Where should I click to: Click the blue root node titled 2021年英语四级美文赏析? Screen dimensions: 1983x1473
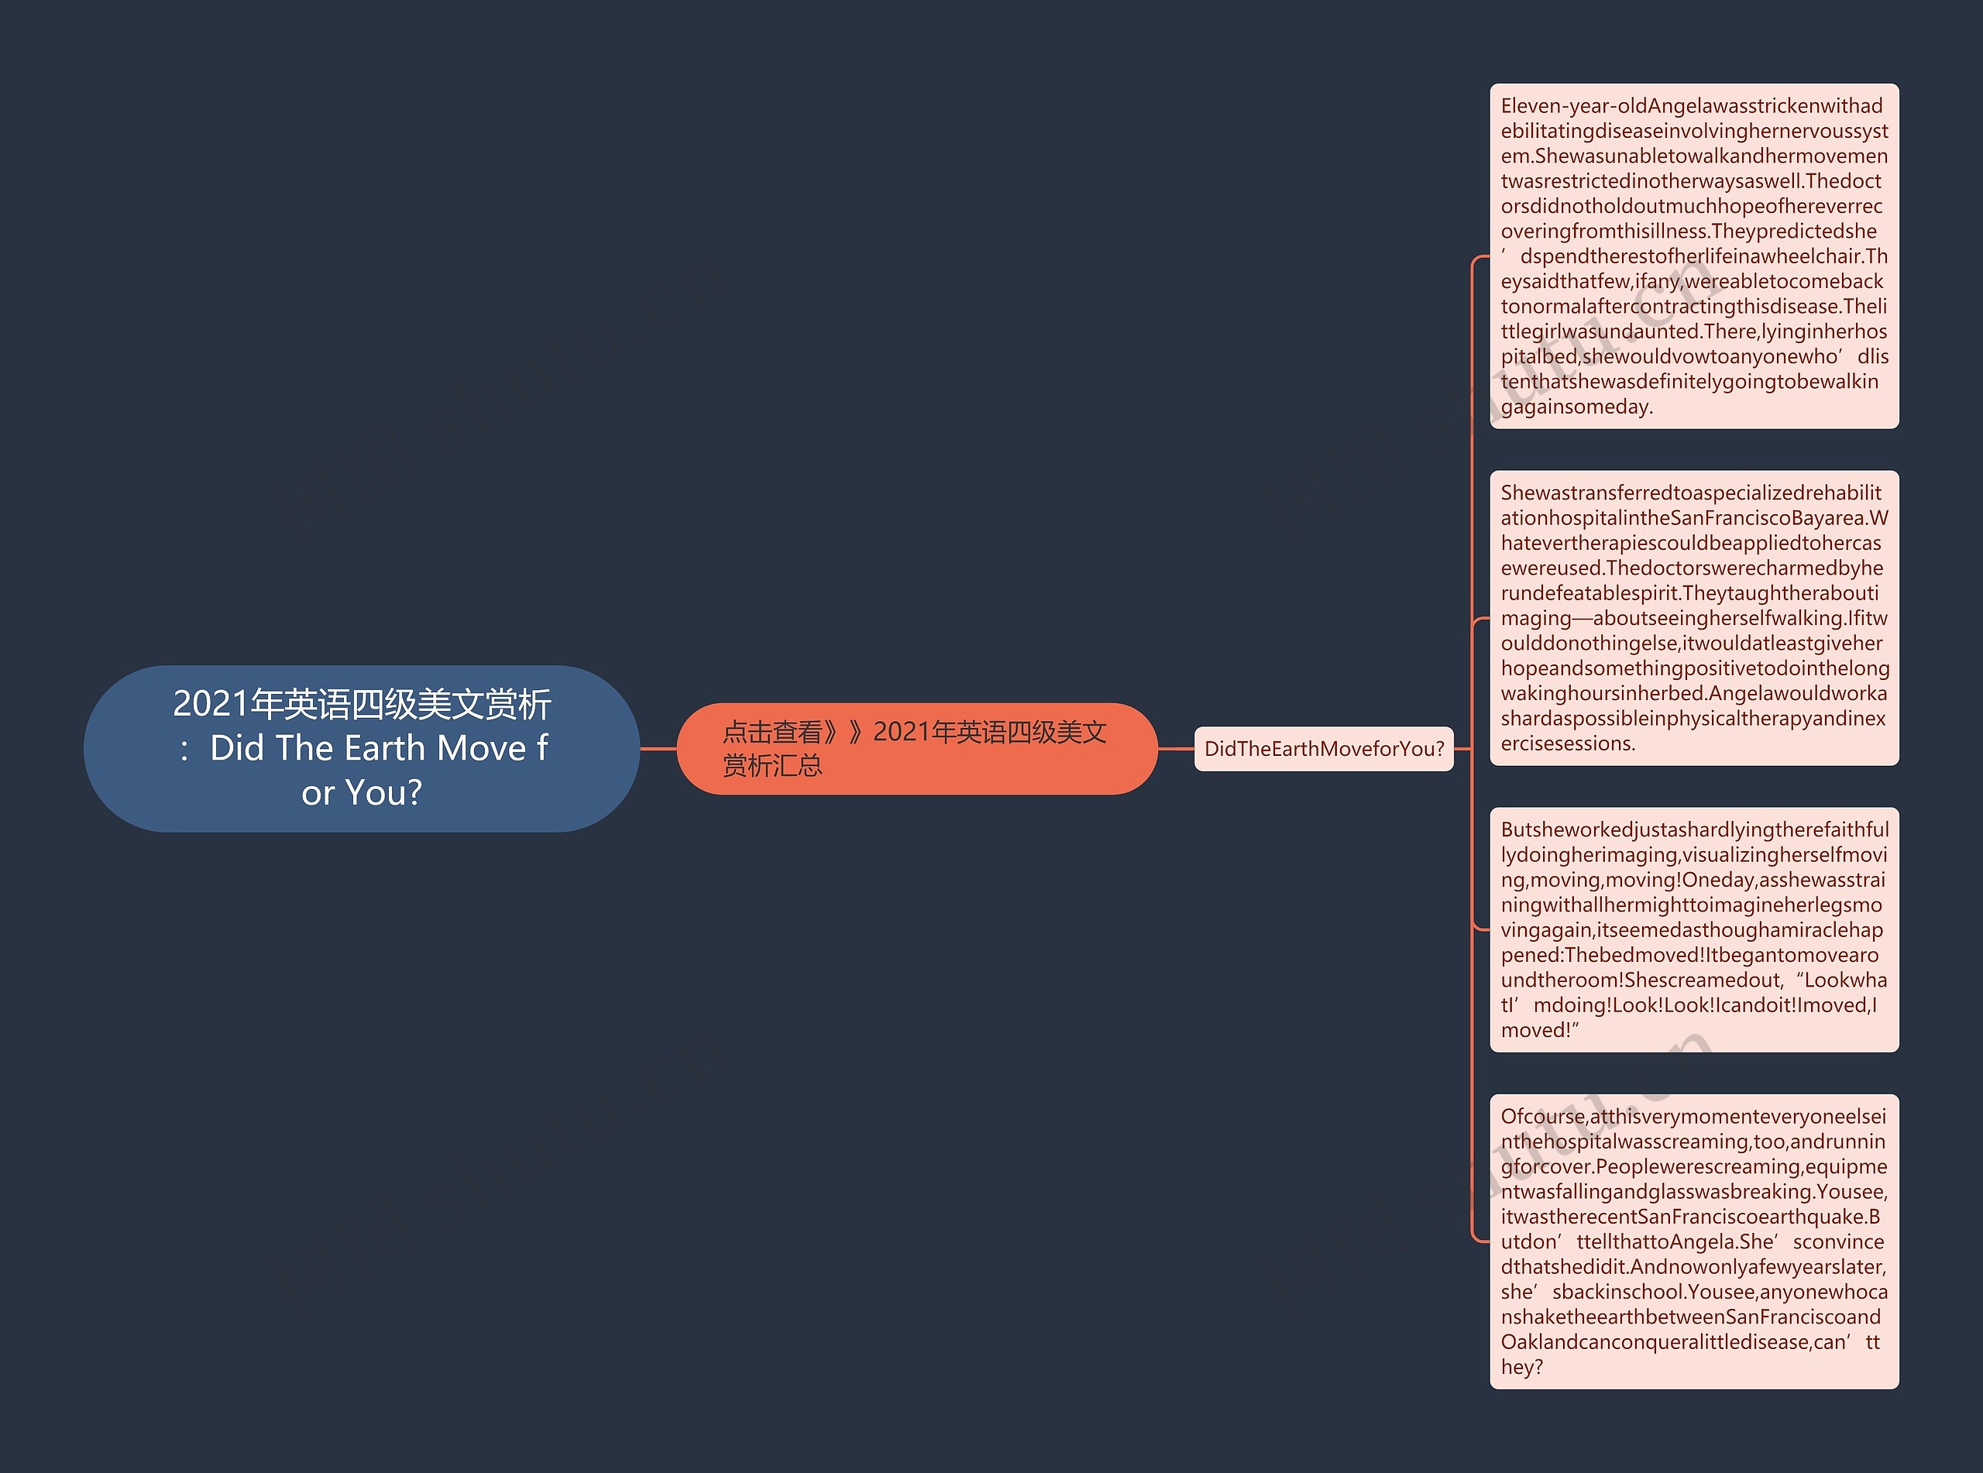coord(361,748)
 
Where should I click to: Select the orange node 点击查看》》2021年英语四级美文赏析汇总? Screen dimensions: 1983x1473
coord(916,748)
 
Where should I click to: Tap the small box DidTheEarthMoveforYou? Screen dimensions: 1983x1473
coord(1323,749)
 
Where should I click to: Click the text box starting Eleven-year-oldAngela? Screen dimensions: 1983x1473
coord(1693,256)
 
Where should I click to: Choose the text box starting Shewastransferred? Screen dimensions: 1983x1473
coord(1693,618)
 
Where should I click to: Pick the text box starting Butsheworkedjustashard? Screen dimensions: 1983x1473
coord(1693,929)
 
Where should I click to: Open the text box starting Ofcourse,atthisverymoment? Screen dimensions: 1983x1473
coord(1693,1241)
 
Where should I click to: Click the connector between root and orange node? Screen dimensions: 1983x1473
coord(658,749)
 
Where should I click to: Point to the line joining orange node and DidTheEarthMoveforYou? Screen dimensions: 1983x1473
coord(1175,749)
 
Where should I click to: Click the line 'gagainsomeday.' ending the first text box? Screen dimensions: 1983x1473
coord(1576,407)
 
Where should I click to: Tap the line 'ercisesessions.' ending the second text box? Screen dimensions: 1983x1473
coord(1568,743)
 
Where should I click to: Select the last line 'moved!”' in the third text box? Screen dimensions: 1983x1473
coord(1539,1031)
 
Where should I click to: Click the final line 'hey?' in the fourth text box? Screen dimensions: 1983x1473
coord(1521,1367)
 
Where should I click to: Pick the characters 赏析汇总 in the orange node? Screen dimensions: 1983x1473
coord(772,766)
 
